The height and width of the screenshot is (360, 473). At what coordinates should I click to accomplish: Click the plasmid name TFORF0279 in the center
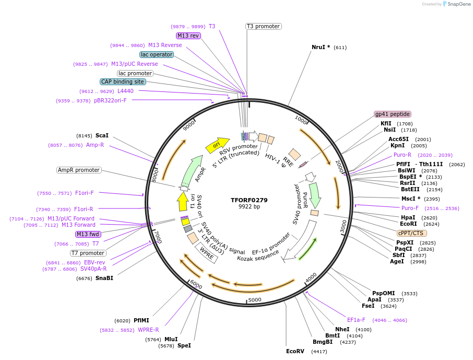[249, 200]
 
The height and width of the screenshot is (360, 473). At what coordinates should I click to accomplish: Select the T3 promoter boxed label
[264, 26]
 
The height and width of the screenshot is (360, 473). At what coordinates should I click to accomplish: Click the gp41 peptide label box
[393, 114]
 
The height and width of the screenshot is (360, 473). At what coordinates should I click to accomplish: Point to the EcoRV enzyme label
[295, 352]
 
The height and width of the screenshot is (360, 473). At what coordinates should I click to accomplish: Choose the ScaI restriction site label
[102, 135]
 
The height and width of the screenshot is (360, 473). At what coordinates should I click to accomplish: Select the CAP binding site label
[123, 82]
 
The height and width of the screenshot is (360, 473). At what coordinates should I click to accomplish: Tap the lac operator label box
[157, 54]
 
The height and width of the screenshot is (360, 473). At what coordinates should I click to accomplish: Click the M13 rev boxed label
[188, 36]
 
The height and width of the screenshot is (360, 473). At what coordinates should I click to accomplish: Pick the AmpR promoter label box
[79, 170]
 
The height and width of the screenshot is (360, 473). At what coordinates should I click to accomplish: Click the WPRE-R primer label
[148, 330]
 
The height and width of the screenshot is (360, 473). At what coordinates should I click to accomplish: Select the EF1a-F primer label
[357, 320]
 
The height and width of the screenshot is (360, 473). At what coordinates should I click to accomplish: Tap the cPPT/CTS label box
[412, 233]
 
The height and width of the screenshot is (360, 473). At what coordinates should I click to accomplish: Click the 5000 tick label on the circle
[254, 300]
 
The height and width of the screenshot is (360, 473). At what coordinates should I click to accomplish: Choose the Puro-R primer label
[403, 155]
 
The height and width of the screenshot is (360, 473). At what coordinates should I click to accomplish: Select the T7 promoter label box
[88, 253]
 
